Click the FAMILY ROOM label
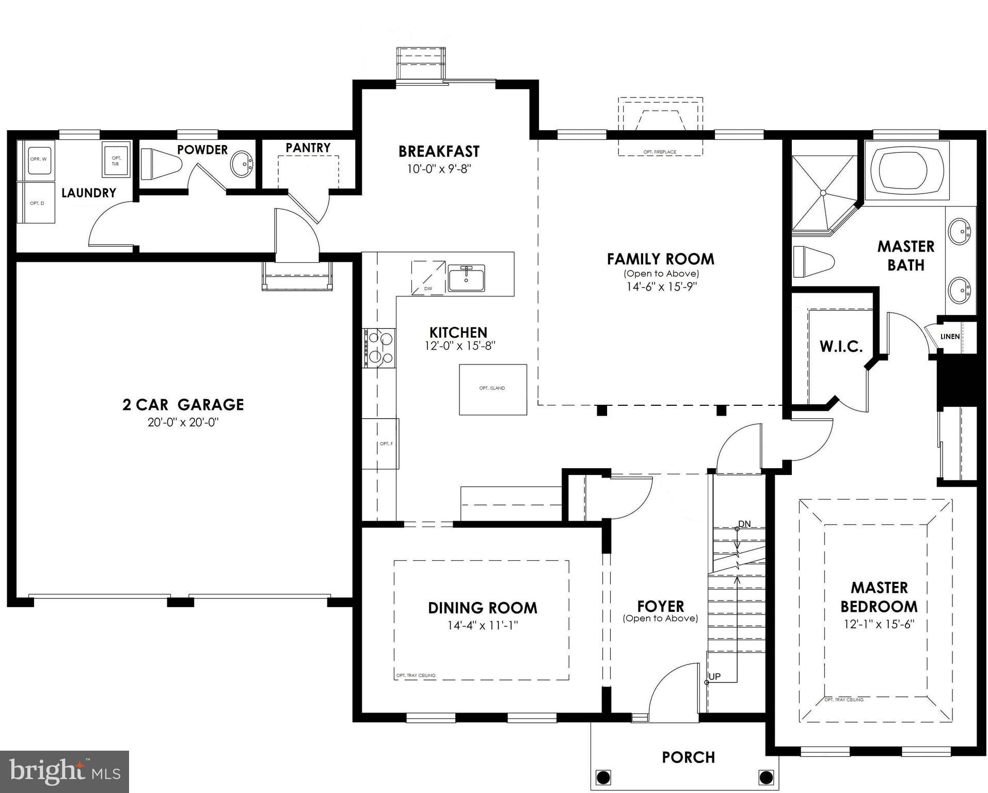pos(660,259)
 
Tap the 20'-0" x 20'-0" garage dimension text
pos(183,422)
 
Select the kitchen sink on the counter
pos(466,278)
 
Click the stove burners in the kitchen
pos(379,348)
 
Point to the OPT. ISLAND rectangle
pos(492,389)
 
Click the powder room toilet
pos(161,164)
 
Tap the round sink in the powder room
pos(242,164)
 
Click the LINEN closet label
pos(950,337)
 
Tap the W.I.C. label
pos(841,346)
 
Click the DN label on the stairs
pos(744,524)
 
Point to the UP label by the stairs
pos(714,676)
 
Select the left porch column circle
pos(603,776)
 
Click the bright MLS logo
pos(65,771)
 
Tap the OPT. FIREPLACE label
pos(660,152)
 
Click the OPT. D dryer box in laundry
pos(37,203)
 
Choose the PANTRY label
pos(308,148)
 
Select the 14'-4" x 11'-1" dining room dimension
pos(482,626)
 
